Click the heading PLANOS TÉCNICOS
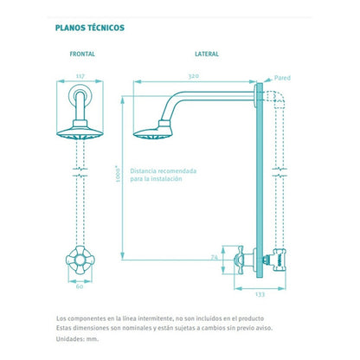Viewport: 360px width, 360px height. click(90, 28)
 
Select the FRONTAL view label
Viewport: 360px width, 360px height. click(82, 54)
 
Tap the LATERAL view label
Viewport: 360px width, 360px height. click(207, 54)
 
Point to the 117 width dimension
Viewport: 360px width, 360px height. click(80, 76)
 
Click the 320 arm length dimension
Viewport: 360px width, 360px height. click(194, 76)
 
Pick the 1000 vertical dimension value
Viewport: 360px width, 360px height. click(118, 174)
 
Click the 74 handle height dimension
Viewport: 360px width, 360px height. click(215, 257)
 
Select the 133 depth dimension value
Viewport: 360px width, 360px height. click(260, 294)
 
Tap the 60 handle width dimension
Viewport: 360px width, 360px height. click(80, 286)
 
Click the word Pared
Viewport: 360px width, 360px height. click(282, 78)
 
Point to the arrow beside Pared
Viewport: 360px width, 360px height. click(268, 80)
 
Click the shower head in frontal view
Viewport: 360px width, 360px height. click(80, 131)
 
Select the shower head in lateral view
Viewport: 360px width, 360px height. click(153, 131)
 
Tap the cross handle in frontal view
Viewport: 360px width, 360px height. click(80, 260)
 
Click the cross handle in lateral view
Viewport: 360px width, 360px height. click(240, 260)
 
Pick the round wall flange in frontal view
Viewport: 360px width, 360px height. click(80, 96)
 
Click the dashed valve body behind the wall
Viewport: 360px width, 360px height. click(279, 260)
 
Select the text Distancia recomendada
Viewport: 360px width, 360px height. click(164, 170)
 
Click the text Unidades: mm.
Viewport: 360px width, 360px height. click(77, 339)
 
